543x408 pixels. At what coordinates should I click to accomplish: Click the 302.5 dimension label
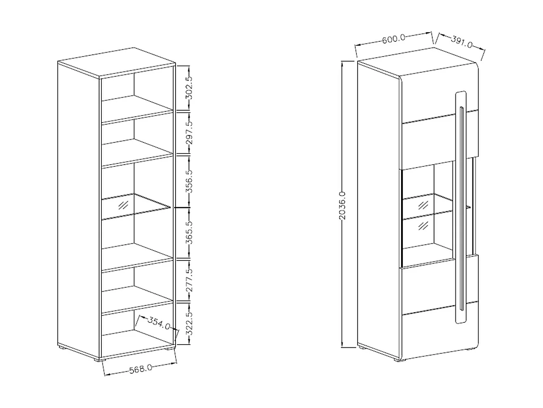click(189, 88)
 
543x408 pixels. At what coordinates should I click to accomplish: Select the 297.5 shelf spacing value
click(189, 132)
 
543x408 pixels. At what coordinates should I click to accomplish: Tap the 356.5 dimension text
click(189, 181)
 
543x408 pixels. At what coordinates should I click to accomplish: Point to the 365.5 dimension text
click(189, 232)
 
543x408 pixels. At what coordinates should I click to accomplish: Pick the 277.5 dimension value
click(189, 280)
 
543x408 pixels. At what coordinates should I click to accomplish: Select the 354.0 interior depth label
click(159, 323)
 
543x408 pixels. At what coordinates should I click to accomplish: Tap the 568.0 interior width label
click(140, 369)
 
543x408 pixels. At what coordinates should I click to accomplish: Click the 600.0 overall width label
click(393, 38)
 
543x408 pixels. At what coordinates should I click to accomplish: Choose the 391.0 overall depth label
click(462, 42)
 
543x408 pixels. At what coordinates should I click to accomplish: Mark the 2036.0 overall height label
click(342, 205)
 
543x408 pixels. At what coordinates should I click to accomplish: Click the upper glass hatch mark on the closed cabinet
click(423, 206)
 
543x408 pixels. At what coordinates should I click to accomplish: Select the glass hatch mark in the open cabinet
click(123, 205)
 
